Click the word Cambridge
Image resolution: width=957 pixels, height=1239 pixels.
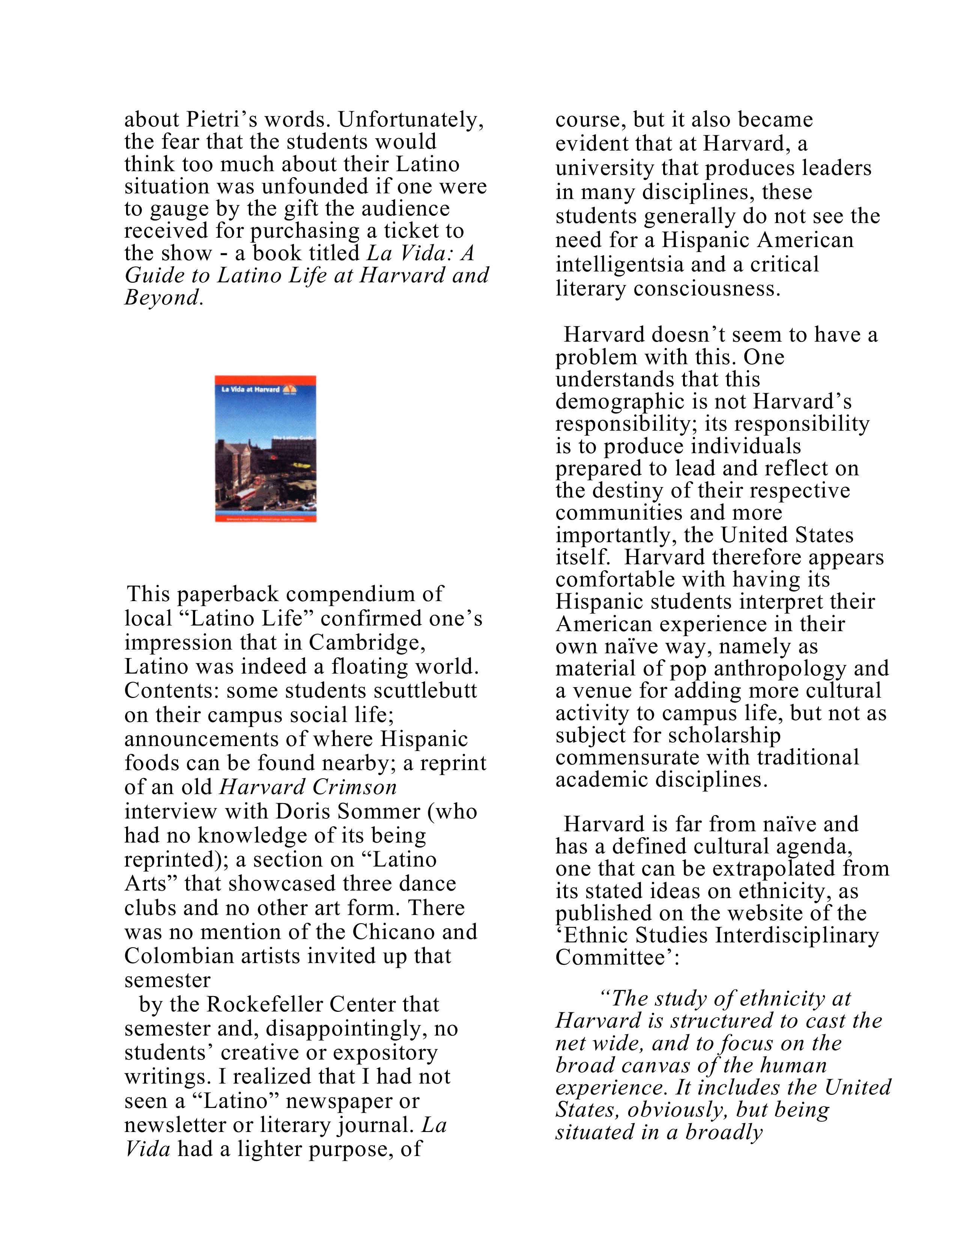[x=367, y=643]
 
